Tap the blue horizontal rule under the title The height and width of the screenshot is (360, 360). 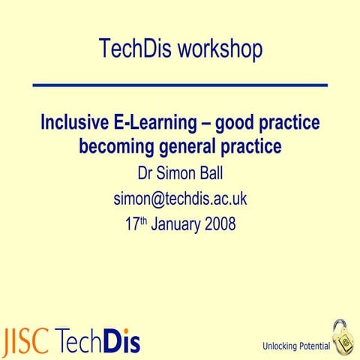click(x=180, y=86)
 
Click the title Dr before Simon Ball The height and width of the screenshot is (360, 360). click(x=146, y=174)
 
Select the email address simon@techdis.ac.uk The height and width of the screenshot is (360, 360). click(x=180, y=199)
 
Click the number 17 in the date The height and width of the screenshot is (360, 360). click(x=132, y=223)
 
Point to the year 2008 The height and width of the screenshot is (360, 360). click(x=222, y=223)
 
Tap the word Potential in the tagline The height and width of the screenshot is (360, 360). click(x=314, y=346)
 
